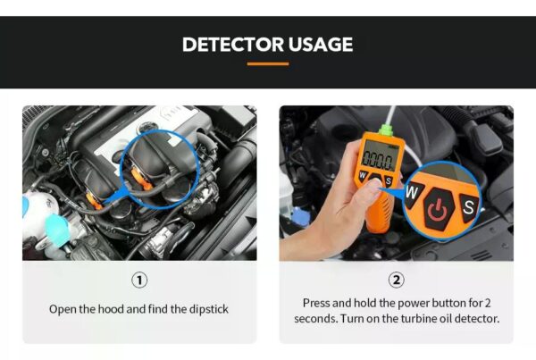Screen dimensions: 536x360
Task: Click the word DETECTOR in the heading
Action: tap(233, 45)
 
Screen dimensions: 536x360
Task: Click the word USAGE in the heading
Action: tap(321, 45)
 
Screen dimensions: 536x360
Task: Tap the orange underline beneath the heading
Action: tap(268, 63)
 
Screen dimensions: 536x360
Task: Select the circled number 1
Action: tap(139, 280)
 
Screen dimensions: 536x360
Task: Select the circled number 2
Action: tap(397, 280)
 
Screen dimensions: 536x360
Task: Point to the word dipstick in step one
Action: tap(208, 309)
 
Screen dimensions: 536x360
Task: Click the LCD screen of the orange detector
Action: tap(378, 155)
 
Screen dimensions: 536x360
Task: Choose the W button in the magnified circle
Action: tap(414, 194)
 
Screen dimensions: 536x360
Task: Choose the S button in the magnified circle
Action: tap(468, 207)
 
